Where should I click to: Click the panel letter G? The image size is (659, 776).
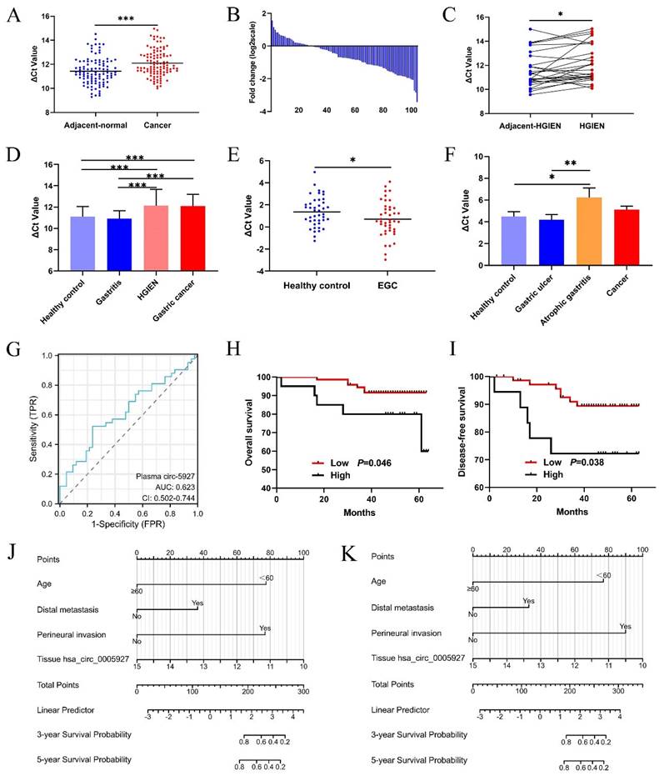coord(14,348)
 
